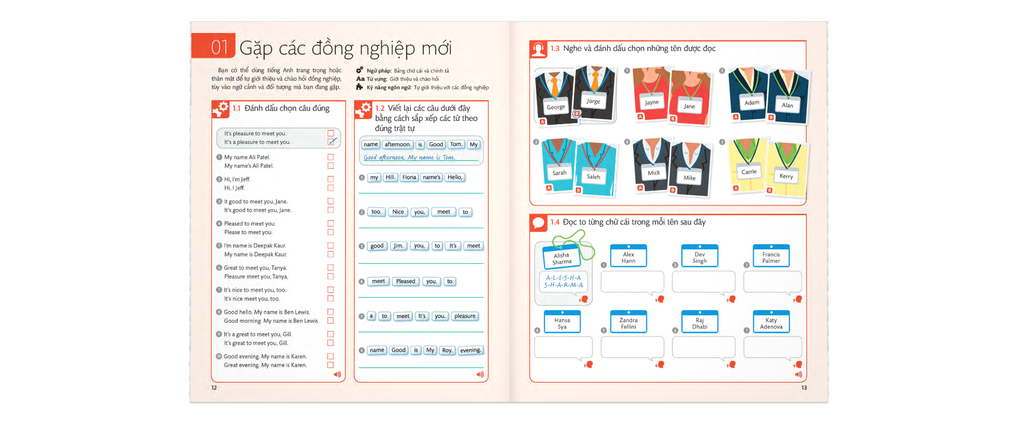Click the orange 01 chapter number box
tap(213, 47)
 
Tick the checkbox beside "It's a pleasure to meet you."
tap(331, 142)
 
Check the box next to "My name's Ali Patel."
tap(331, 166)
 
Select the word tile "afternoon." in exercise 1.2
tap(398, 144)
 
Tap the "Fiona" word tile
tap(409, 177)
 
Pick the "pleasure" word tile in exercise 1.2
tap(464, 316)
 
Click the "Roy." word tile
tap(447, 350)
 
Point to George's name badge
tap(556, 107)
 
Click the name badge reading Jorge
tap(593, 101)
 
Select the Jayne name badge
tap(652, 102)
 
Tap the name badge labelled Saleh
tap(593, 177)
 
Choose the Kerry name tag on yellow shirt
tap(786, 176)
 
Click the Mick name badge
tap(654, 172)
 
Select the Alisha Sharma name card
tap(562, 258)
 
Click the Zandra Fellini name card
tap(628, 323)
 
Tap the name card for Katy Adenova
tap(771, 323)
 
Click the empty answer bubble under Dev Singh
tap(703, 282)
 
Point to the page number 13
tap(804, 388)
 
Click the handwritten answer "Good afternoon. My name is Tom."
tap(409, 158)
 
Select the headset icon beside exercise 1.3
tap(539, 49)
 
